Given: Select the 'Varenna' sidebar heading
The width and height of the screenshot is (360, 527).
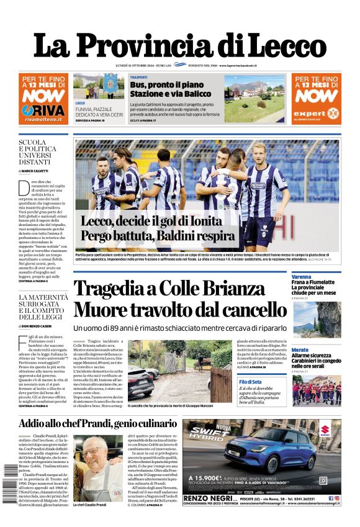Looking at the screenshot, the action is [x=301, y=277].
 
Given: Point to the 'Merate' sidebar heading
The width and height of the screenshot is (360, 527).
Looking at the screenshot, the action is [x=300, y=350].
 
